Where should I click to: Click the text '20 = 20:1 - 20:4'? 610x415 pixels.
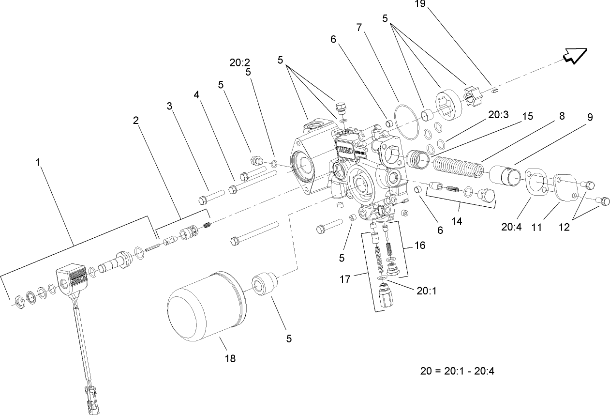tap(457, 371)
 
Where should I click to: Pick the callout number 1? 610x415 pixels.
tap(38, 163)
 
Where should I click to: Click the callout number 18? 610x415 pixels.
tap(230, 358)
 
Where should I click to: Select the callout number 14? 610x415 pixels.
tap(457, 221)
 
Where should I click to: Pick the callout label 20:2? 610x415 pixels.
tap(239, 62)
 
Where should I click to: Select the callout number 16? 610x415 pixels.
tap(419, 245)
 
